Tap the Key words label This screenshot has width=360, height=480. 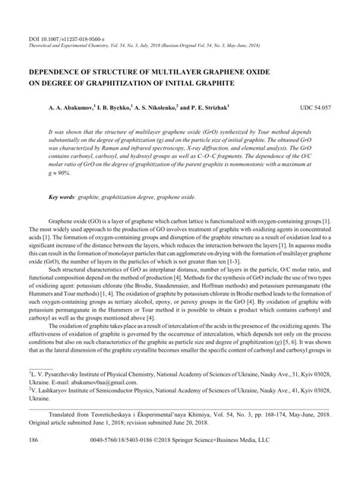tap(65, 197)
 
